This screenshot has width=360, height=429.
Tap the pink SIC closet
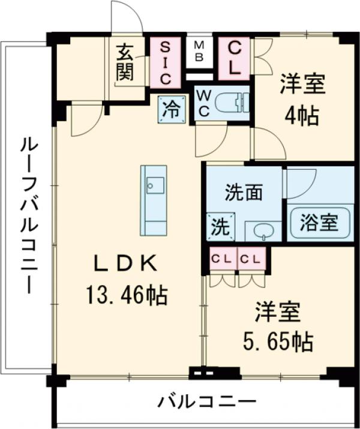166,61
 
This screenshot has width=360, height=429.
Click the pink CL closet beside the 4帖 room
235,58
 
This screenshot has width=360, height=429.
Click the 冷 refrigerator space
172,110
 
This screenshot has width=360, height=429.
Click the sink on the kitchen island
154,184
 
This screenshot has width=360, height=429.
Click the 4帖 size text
302,115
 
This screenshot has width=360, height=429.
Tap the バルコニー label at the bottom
207,401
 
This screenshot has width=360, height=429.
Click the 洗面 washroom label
244,193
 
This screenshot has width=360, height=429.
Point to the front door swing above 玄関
127,18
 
